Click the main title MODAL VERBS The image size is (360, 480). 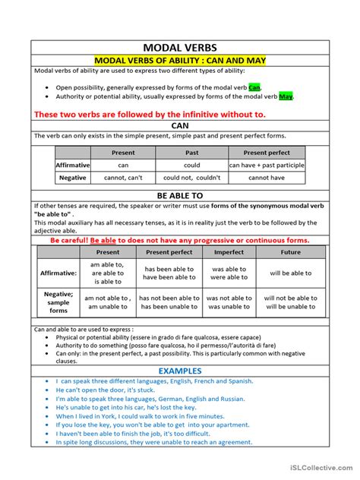179,48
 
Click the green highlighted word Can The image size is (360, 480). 254,87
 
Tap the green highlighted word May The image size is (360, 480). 286,96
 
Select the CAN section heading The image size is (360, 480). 180,125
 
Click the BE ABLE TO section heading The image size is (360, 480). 180,195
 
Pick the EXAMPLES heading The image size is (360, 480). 180,371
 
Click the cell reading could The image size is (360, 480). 191,165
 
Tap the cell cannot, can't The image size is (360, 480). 123,178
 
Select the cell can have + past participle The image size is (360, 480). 266,165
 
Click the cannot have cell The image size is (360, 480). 266,178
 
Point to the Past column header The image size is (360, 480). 191,153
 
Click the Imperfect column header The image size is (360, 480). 228,251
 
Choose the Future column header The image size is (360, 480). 291,251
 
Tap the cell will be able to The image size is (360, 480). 291,273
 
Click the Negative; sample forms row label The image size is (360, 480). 58,302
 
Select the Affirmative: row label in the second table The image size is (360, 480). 58,273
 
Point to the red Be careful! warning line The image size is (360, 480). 180,240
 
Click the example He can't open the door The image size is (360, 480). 104,390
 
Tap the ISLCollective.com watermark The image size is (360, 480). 318,470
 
